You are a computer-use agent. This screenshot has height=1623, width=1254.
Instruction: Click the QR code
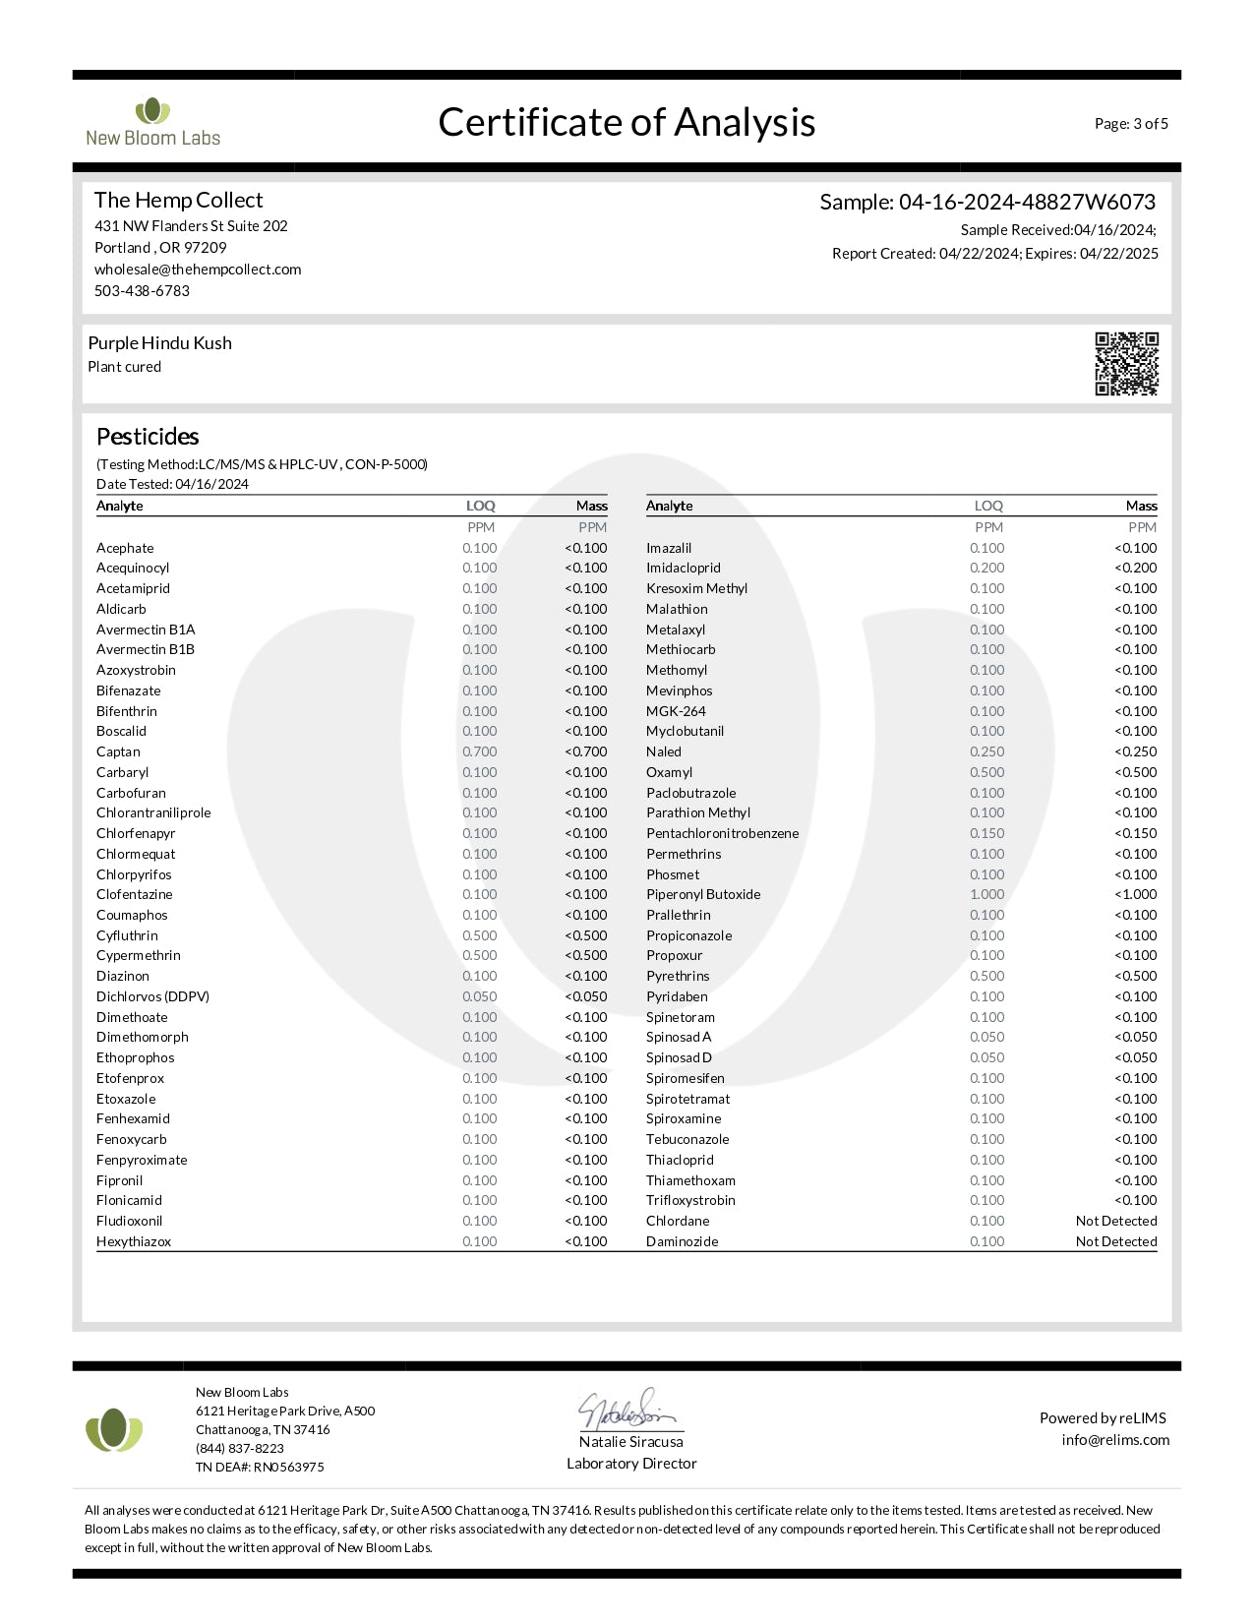[x=1126, y=364]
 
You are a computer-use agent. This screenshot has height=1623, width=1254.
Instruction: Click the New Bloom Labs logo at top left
[x=152, y=123]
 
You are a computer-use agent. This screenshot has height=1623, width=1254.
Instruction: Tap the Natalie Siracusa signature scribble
[x=627, y=1411]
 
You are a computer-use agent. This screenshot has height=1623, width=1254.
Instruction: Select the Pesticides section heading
[x=148, y=437]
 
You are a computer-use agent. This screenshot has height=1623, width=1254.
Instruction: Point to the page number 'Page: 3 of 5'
[x=1131, y=124]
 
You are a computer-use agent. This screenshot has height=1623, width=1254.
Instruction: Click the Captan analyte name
[x=118, y=751]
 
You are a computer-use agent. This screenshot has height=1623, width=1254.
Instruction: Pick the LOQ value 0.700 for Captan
[x=480, y=751]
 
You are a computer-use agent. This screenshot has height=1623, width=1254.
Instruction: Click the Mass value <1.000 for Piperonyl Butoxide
[x=1136, y=894]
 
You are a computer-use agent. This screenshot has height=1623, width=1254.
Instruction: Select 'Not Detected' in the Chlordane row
[x=1116, y=1221]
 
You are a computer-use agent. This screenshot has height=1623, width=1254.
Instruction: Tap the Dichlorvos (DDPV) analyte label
[x=152, y=996]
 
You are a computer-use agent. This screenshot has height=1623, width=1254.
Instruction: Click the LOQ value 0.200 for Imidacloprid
[x=987, y=568]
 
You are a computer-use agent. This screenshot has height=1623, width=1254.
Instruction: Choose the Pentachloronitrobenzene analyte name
[x=722, y=833]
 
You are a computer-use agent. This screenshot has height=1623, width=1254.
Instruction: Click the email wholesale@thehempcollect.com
[x=198, y=270]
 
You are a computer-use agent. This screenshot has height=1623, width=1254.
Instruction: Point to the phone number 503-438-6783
[x=142, y=291]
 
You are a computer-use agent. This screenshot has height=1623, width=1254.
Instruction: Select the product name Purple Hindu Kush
[x=160, y=343]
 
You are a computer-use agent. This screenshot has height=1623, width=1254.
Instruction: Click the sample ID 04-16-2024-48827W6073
[x=1027, y=202]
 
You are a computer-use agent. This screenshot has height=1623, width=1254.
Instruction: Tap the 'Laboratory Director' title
[x=631, y=1464]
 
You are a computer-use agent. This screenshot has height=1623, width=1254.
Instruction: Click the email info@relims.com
[x=1115, y=1440]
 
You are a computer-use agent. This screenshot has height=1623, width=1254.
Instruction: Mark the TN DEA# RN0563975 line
[x=260, y=1467]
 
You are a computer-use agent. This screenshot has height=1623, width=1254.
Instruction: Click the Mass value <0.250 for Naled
[x=1136, y=751]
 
